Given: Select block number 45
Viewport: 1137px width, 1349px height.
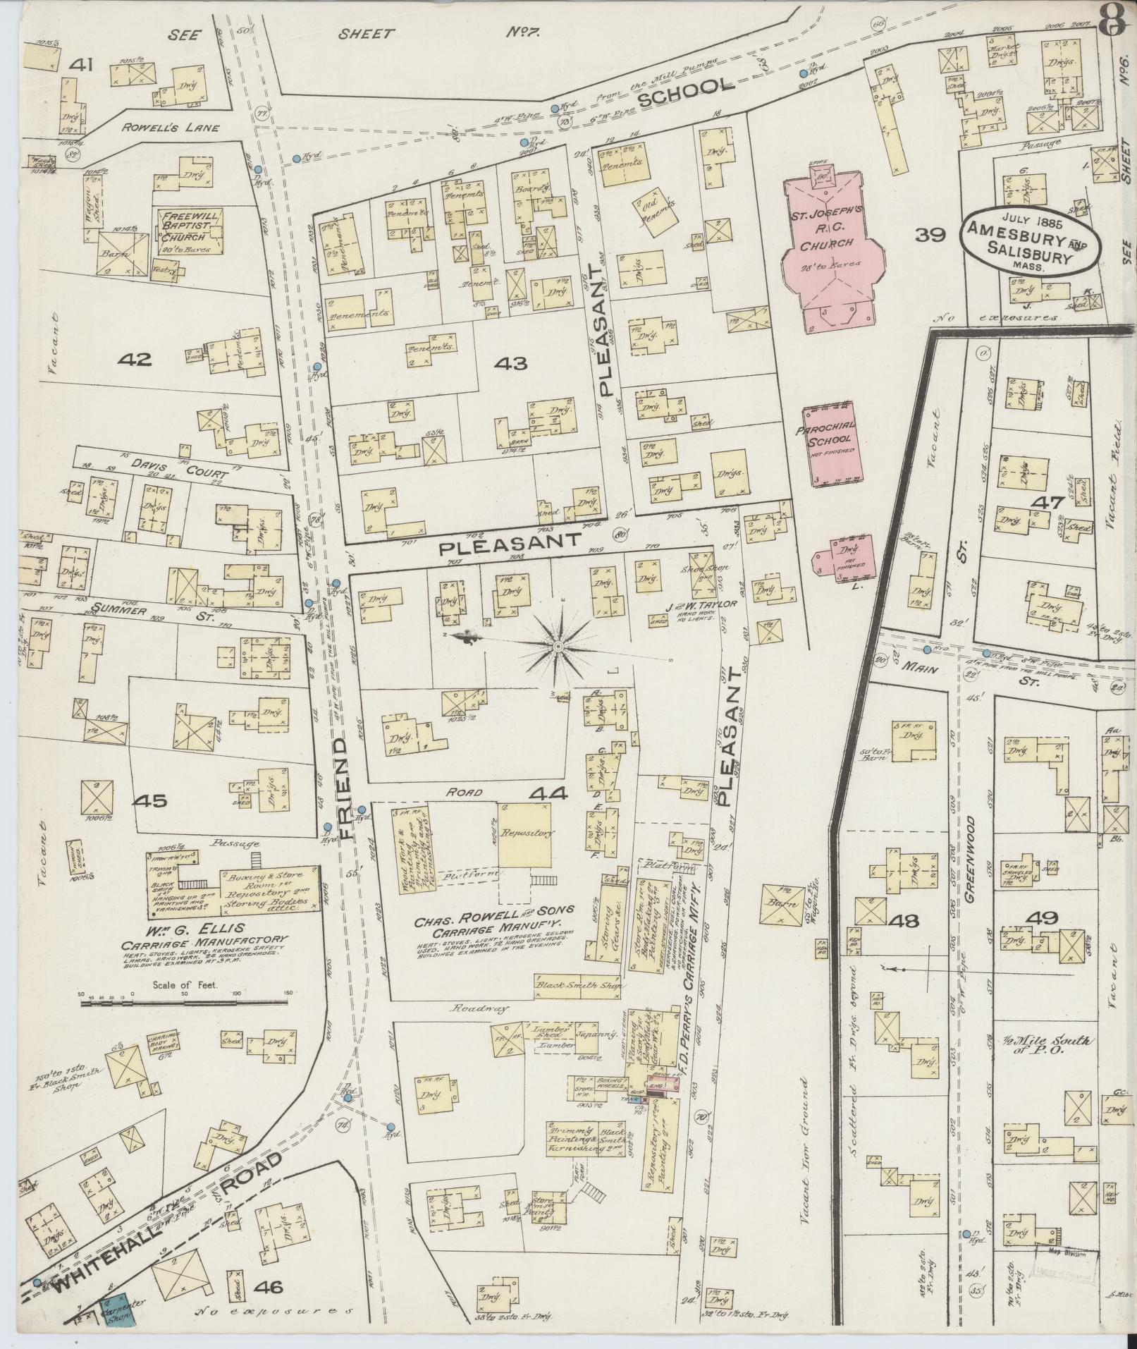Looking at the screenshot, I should [x=152, y=801].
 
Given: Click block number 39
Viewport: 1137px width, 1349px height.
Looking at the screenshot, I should [x=929, y=236].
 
